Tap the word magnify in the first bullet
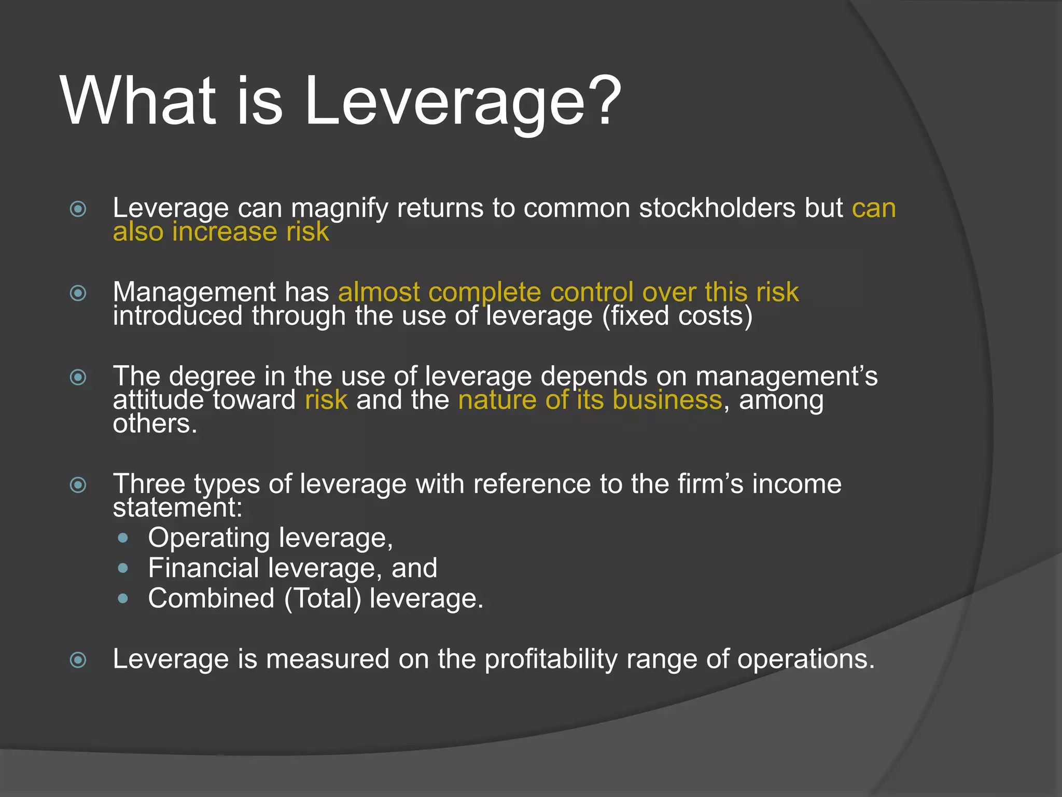tap(339, 209)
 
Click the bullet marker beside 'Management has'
tap(78, 293)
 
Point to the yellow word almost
tap(379, 292)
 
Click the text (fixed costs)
tap(677, 316)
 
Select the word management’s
tap(786, 376)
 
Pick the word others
tap(155, 424)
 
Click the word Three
tap(149, 484)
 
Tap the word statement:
tap(177, 507)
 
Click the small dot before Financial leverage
tap(123, 568)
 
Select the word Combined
tap(211, 598)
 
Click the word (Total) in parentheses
tap(322, 598)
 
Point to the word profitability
tap(551, 659)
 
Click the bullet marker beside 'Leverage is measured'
tap(78, 660)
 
